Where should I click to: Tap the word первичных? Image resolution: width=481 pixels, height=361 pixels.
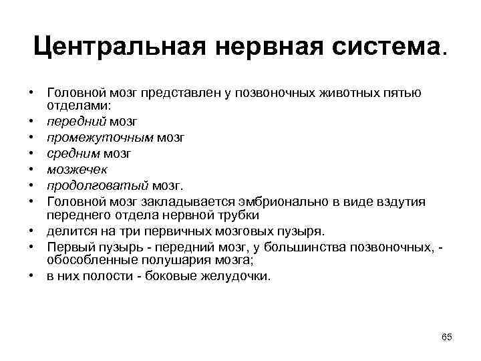[x=169, y=231]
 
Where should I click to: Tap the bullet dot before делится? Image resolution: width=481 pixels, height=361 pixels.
[x=31, y=232]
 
